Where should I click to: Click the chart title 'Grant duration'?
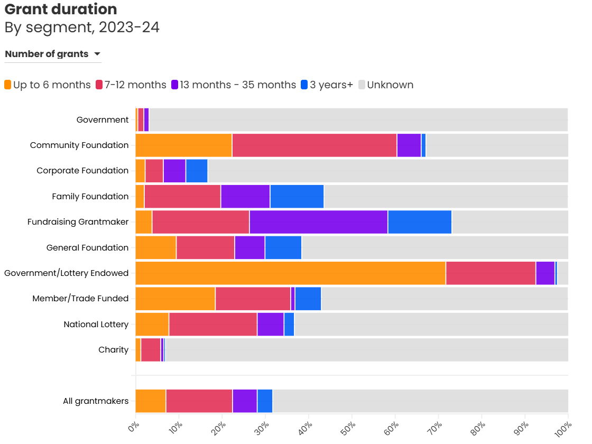[x=61, y=9]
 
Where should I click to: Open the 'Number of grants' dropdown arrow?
[x=97, y=54]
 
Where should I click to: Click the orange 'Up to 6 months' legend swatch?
[x=8, y=85]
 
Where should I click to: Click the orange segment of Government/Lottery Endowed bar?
[x=290, y=273]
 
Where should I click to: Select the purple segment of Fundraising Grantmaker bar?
[x=318, y=222]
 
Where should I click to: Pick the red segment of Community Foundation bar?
[x=314, y=145]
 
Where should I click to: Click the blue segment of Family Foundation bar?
[x=297, y=197]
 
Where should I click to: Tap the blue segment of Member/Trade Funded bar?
[x=308, y=299]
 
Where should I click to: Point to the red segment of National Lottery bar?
[x=212, y=324]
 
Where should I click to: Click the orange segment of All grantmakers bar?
[x=151, y=401]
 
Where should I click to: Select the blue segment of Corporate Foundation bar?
[x=197, y=171]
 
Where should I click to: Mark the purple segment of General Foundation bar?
[x=249, y=247]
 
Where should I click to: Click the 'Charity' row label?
[x=113, y=349]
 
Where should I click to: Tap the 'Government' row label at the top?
[x=103, y=120]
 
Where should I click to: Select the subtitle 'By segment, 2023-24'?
[x=82, y=27]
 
